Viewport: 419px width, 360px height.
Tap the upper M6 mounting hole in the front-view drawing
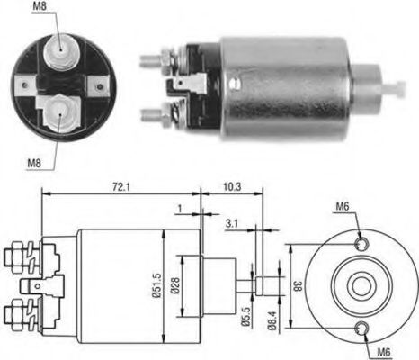click(361, 244)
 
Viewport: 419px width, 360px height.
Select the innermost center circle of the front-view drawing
click(361, 285)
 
